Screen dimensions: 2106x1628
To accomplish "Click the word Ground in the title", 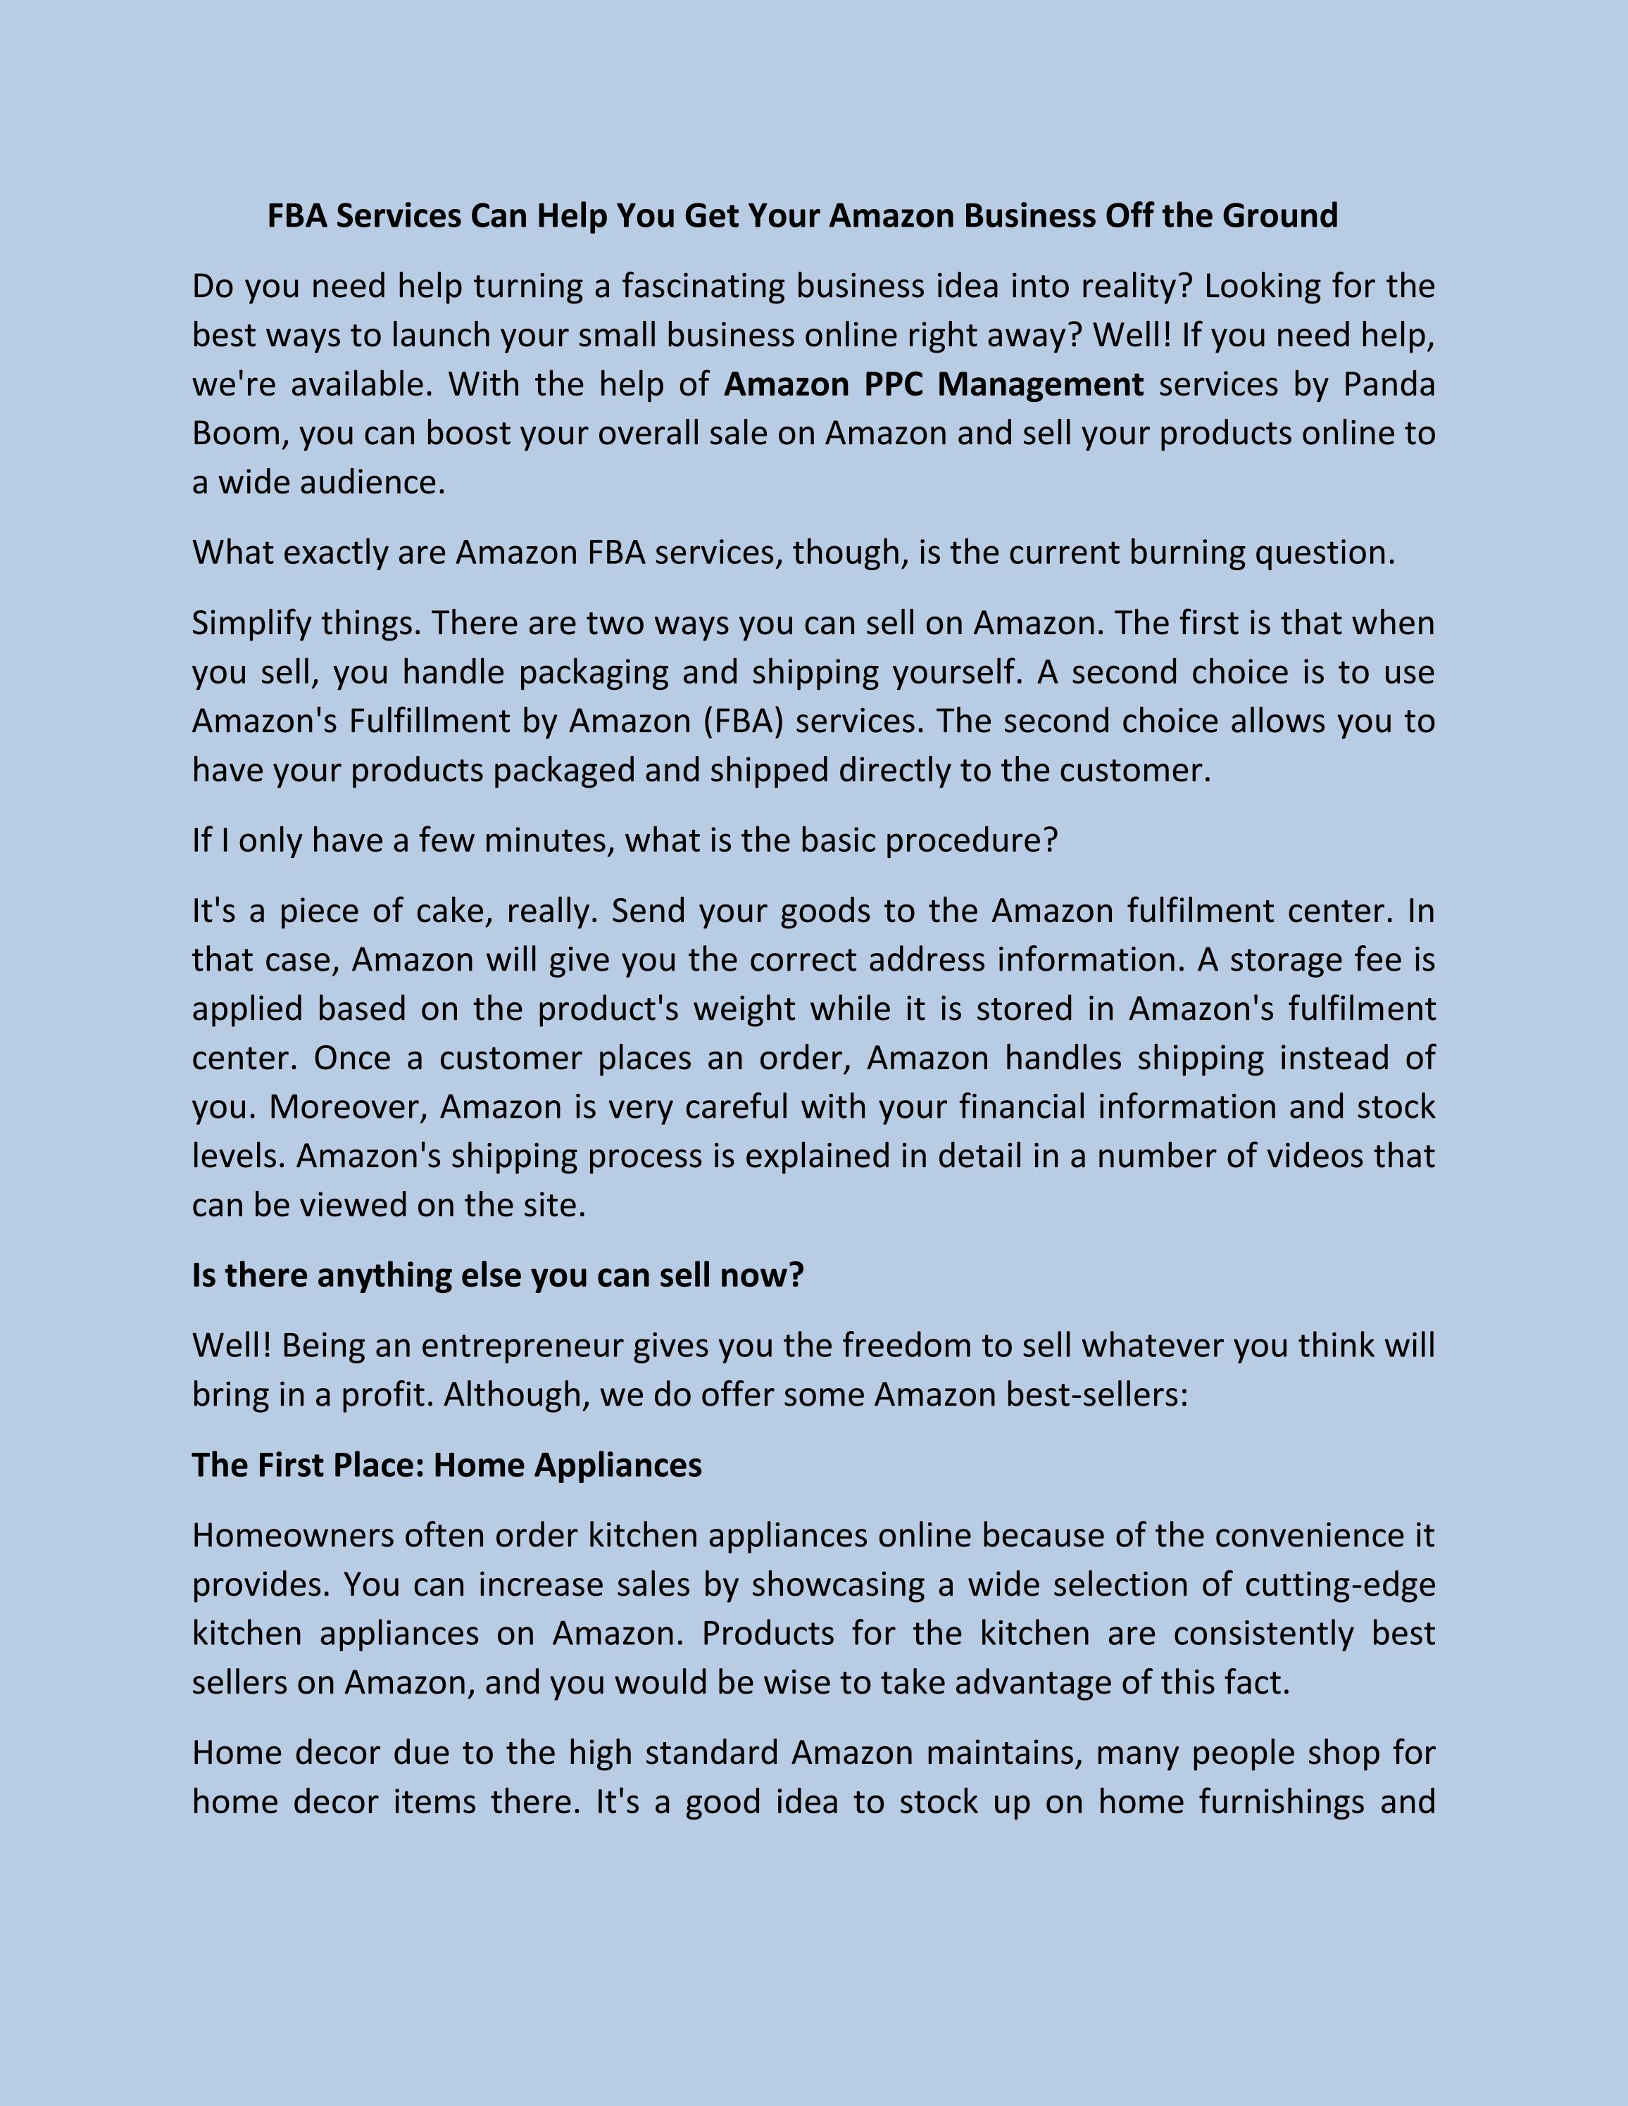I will point(1280,215).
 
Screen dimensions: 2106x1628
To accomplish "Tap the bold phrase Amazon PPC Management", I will point(934,384).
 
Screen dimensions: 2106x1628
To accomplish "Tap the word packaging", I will point(593,672).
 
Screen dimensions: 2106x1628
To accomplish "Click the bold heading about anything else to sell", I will point(498,1275).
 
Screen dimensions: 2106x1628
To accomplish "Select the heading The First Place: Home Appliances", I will point(446,1465).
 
